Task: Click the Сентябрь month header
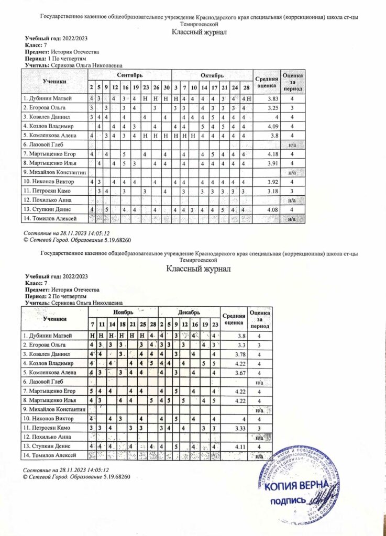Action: pyautogui.click(x=129, y=76)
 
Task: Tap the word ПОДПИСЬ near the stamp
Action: pyautogui.click(x=288, y=500)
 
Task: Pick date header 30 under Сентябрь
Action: pyautogui.click(x=166, y=87)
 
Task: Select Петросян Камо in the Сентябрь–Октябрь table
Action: pyautogui.click(x=46, y=191)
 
